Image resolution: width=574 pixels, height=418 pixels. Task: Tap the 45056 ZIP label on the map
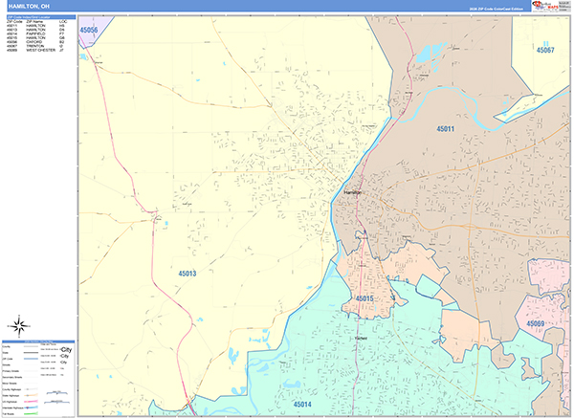[89, 30]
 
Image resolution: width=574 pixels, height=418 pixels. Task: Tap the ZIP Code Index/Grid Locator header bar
[38, 16]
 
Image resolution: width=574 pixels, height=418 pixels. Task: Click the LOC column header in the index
[63, 21]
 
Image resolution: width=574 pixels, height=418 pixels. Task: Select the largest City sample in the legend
[64, 348]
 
